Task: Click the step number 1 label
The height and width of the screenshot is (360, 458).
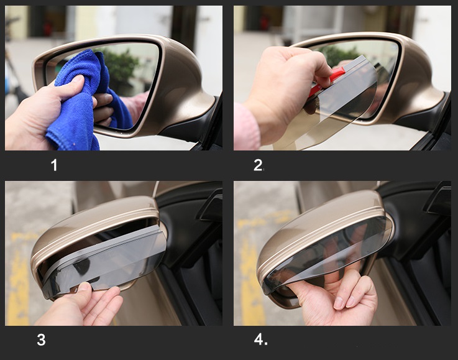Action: (54, 165)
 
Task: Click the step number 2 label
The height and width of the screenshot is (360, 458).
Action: (259, 165)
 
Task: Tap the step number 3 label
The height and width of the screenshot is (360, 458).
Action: (41, 340)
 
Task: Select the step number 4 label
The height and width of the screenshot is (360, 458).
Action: (260, 339)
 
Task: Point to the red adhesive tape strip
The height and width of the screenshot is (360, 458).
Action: (329, 80)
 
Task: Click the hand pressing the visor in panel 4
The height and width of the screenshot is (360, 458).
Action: (336, 298)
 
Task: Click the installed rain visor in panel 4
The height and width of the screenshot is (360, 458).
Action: (327, 251)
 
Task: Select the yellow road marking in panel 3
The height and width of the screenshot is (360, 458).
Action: (19, 277)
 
